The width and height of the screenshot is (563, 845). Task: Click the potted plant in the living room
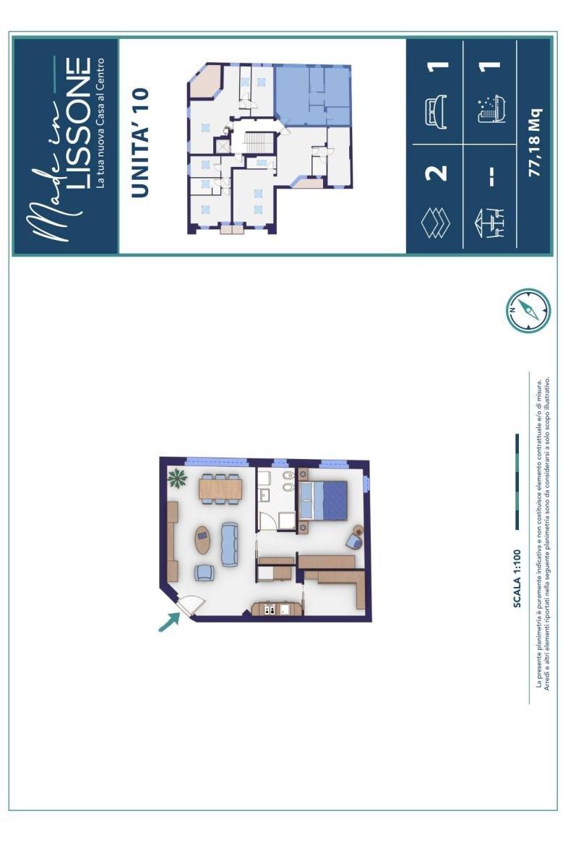pos(177,477)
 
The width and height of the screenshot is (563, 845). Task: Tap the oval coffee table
pos(202,539)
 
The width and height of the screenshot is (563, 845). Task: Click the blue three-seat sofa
pos(230,544)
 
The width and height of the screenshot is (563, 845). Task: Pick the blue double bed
pos(322,500)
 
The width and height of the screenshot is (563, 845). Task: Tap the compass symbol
pos(528,310)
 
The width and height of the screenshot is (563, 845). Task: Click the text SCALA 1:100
pos(517,578)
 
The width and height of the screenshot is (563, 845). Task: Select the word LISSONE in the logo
pos(79,124)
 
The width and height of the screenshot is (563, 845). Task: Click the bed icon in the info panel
pos(436,111)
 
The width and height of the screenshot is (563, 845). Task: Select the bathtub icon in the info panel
pos(491,109)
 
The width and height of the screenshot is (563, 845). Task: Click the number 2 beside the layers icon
pos(437,173)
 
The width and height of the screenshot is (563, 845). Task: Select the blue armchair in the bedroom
pos(355,538)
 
